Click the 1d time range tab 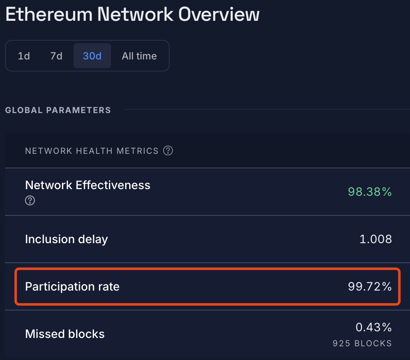pyautogui.click(x=24, y=56)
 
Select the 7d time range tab pyautogui.click(x=56, y=56)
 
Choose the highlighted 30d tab pyautogui.click(x=92, y=56)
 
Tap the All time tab pyautogui.click(x=139, y=56)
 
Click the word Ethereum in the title pyautogui.click(x=48, y=15)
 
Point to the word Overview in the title pyautogui.click(x=219, y=15)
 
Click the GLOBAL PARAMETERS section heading pyautogui.click(x=58, y=110)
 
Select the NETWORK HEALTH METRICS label pyautogui.click(x=92, y=151)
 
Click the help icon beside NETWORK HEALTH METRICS pyautogui.click(x=168, y=150)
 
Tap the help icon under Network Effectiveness pyautogui.click(x=30, y=200)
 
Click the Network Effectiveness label pyautogui.click(x=88, y=185)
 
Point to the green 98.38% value pyautogui.click(x=370, y=192)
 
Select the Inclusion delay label pyautogui.click(x=67, y=239)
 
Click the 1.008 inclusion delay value pyautogui.click(x=375, y=239)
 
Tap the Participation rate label pyautogui.click(x=72, y=286)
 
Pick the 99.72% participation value pyautogui.click(x=370, y=286)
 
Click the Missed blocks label pyautogui.click(x=65, y=334)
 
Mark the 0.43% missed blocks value pyautogui.click(x=373, y=328)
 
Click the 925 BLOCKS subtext pyautogui.click(x=362, y=343)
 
